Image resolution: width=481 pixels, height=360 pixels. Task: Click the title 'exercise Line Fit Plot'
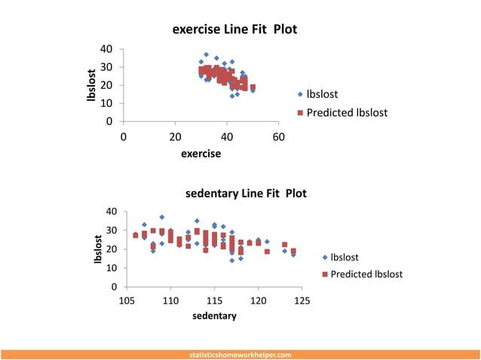point(235,31)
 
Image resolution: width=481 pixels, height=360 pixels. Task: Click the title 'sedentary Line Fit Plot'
point(246,194)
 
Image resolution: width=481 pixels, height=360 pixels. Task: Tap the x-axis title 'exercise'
point(201,154)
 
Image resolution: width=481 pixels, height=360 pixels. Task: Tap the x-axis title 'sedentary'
point(214,316)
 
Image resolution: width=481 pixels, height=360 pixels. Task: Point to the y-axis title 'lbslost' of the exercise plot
point(92,84)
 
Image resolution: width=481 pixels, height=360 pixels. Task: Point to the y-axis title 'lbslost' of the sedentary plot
point(97,249)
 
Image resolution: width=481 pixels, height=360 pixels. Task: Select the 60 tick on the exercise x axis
point(278,137)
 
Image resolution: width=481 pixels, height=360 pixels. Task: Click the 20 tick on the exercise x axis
point(175,137)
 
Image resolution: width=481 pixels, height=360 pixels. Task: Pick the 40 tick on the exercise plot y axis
point(106,49)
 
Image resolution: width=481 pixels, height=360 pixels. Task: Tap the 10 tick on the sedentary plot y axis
point(112,268)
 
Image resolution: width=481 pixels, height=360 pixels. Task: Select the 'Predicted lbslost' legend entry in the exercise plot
point(342,113)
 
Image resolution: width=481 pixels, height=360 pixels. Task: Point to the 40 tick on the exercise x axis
point(227,137)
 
